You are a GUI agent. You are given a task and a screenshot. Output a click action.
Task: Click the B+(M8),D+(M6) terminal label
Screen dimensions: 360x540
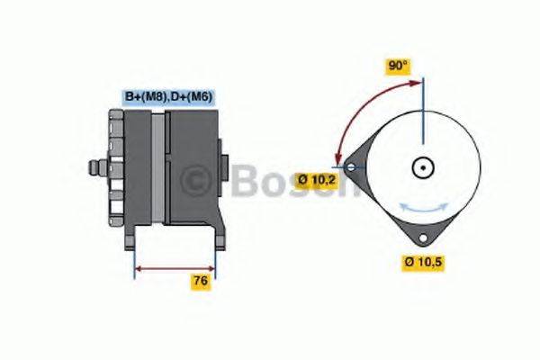coord(167,96)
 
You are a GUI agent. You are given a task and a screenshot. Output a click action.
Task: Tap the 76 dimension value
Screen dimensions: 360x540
coord(202,282)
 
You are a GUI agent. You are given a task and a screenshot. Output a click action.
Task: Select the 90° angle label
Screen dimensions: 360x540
coord(398,67)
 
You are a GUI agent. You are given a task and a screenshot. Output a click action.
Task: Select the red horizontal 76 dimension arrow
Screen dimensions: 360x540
coord(175,267)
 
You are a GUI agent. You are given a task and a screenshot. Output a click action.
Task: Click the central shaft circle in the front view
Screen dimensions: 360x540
coord(422,167)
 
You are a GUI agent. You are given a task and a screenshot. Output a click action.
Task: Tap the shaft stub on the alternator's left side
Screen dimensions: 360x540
coord(94,167)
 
